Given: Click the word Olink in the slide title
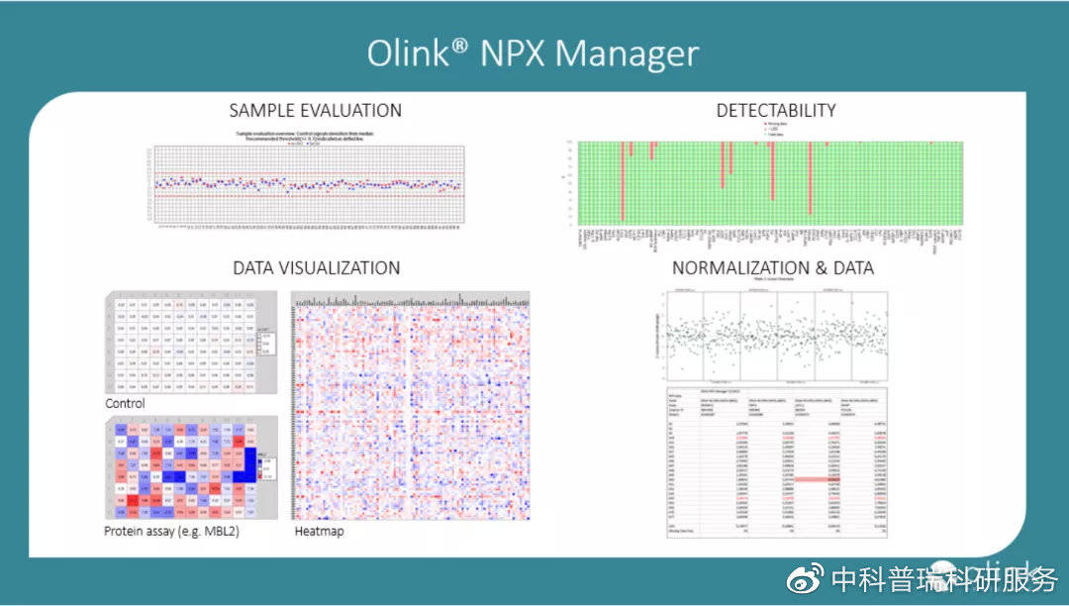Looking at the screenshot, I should pyautogui.click(x=410, y=52).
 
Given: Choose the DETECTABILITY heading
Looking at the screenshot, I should pyautogui.click(x=775, y=110).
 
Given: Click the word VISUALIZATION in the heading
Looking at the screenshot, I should pyautogui.click(x=339, y=267).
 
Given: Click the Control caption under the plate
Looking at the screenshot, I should pyautogui.click(x=125, y=404).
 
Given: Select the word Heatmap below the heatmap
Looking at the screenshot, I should pyautogui.click(x=319, y=531).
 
